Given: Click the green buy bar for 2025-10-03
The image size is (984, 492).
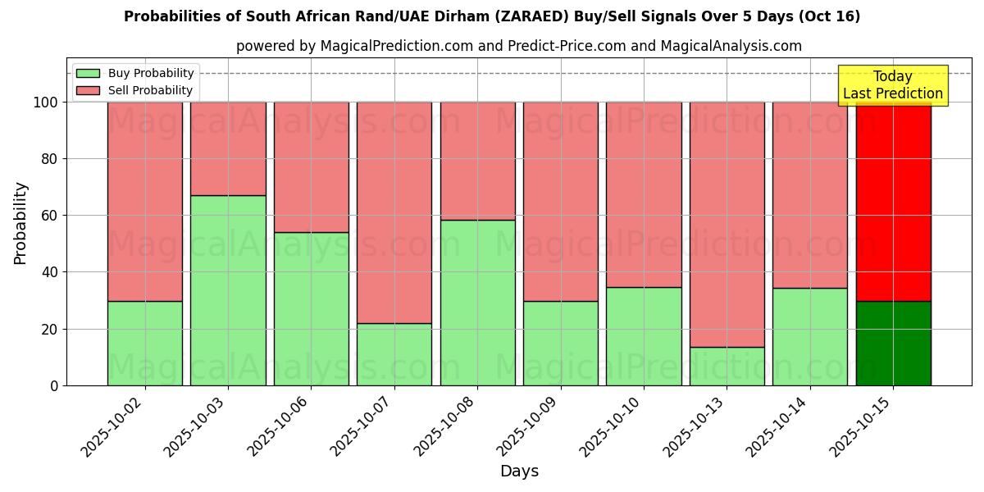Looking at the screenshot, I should coord(228,290).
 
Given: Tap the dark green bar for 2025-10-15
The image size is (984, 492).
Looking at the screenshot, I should coord(893,344).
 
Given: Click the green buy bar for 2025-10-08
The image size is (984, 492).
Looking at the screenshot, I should coord(477,303).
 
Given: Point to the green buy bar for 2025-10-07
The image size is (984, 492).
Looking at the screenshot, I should coord(394,354).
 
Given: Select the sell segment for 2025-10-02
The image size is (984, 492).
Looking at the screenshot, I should coord(145,202).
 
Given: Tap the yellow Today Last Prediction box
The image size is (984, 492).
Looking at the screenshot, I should coord(893,85).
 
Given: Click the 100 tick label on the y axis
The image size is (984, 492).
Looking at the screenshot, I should coord(44,102).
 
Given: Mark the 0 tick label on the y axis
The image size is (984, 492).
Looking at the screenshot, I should coord(53,386).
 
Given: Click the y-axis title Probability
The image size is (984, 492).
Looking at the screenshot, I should coord(20,223).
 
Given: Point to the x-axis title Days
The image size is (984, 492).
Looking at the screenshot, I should coord(519,471).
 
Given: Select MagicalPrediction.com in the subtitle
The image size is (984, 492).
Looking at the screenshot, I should coord(394,46).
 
